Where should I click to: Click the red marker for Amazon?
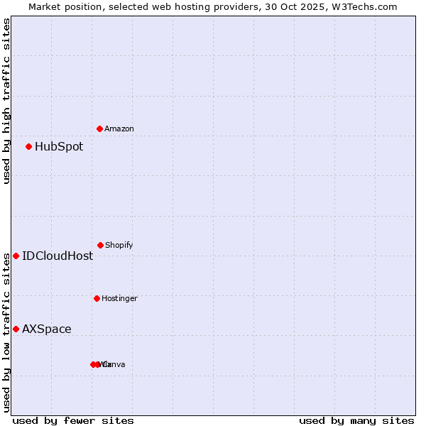coord(100,129)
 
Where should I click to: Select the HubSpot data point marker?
coord(29,147)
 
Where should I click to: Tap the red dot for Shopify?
coord(100,245)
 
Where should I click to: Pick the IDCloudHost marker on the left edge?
coord(16,256)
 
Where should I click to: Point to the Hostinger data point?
coord(97,298)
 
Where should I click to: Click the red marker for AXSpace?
coord(16,329)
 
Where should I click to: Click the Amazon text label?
coord(119,129)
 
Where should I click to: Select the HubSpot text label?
coord(59,147)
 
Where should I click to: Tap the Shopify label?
coord(119,245)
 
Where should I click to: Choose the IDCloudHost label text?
coord(58,256)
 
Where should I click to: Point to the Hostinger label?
coord(119,298)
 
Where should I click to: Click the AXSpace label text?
coord(47,329)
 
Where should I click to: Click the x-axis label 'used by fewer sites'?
coord(73,420)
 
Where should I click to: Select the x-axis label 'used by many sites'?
coord(356,420)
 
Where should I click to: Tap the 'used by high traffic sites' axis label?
coord(6,101)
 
